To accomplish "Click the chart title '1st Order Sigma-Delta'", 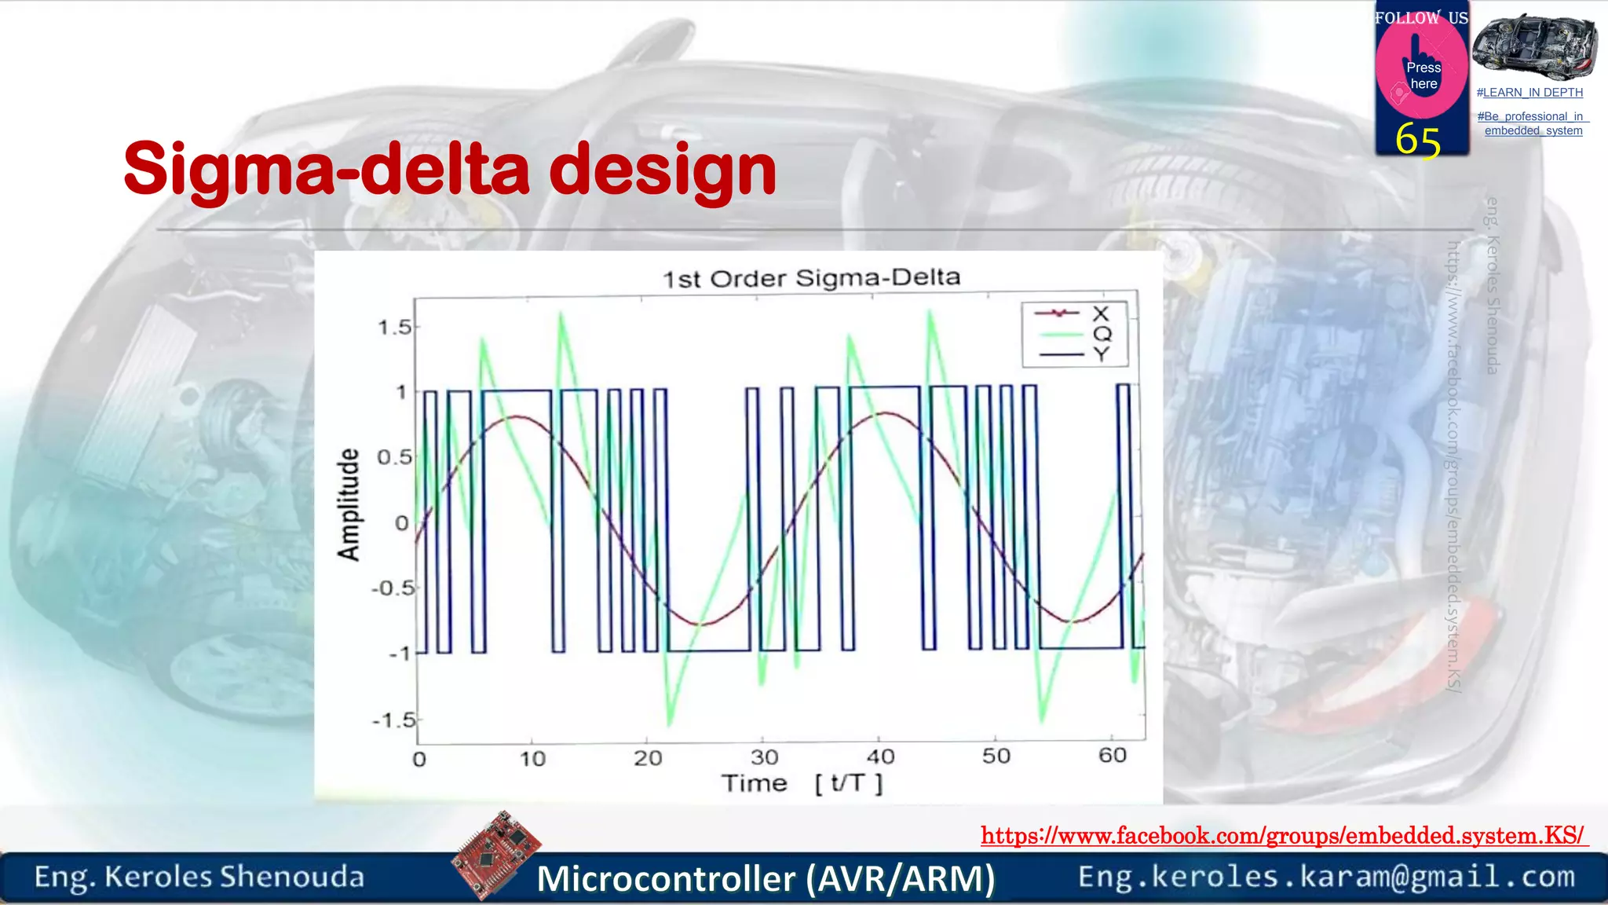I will pos(811,278).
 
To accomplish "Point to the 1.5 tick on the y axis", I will pos(394,328).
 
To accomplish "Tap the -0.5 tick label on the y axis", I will pos(393,588).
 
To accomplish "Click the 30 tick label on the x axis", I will pos(764,757).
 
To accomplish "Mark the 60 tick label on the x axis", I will pos(1112,755).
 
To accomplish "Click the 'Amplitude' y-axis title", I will pos(349,504).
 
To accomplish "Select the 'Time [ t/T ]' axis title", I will pos(802,783).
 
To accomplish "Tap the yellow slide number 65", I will pos(1417,140).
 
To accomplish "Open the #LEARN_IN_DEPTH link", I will pos(1529,93).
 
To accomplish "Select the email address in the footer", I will pos(1326,876).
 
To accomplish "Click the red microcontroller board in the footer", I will pos(496,854).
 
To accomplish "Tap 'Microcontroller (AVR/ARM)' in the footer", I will pos(766,878).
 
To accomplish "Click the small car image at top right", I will pos(1533,47).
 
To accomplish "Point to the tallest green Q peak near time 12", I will pos(561,316).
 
